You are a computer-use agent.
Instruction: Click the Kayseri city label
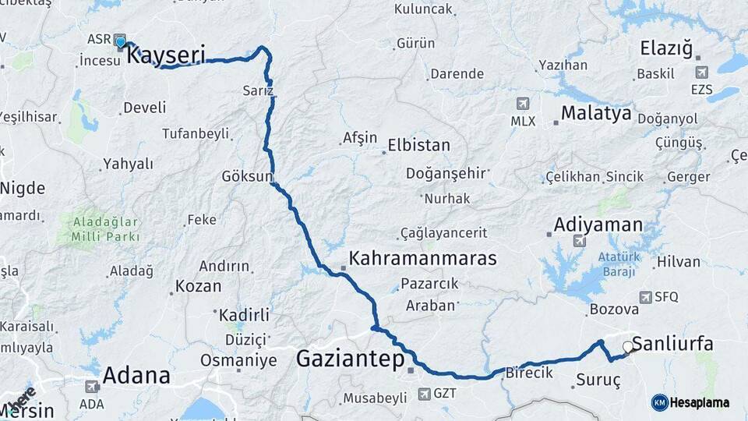[165, 55]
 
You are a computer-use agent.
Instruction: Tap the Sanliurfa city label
[672, 344]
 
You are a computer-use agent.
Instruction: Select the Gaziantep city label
[350, 359]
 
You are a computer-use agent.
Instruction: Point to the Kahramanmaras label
[422, 258]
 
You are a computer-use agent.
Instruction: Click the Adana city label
[136, 375]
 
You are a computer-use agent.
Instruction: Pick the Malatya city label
[596, 113]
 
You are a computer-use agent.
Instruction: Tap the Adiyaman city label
[598, 225]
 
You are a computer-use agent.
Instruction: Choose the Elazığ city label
[665, 49]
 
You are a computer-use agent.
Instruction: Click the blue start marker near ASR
[120, 41]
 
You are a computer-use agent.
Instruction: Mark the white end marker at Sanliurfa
[628, 346]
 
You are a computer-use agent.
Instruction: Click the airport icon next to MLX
[523, 104]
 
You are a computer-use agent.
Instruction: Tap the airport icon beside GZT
[424, 394]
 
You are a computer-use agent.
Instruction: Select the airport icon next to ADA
[91, 387]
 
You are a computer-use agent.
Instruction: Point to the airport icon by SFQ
[645, 297]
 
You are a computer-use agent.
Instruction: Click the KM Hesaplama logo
[690, 402]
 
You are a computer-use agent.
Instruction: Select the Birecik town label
[529, 373]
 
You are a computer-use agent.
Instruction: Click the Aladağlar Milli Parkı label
[106, 228]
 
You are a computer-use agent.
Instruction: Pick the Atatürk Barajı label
[618, 264]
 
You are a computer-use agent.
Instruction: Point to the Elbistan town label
[419, 145]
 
